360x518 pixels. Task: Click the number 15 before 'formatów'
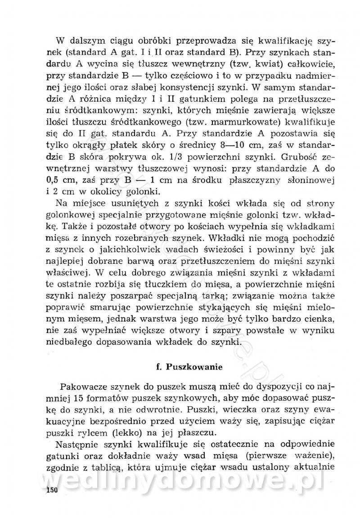[x=80, y=399]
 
